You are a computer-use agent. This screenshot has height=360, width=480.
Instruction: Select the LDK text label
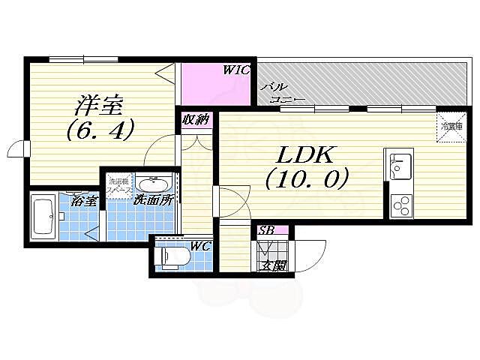pos(307,155)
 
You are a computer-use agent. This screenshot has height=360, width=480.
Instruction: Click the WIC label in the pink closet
pos(235,70)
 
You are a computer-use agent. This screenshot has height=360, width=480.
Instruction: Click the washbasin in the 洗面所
pos(154,184)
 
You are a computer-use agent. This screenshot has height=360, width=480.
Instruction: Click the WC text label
pos(198,246)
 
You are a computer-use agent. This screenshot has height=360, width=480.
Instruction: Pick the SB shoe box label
pos(265,230)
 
